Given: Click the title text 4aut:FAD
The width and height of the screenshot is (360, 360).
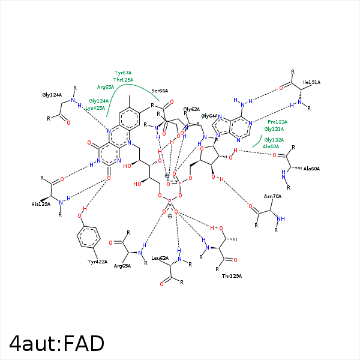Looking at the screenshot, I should pyautogui.click(x=57, y=343).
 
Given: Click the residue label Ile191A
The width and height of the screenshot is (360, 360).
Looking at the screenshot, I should pyautogui.click(x=311, y=82).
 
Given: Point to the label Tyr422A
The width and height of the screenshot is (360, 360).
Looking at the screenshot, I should pyautogui.click(x=97, y=262).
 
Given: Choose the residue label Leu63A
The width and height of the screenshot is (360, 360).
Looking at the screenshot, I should pyautogui.click(x=159, y=258).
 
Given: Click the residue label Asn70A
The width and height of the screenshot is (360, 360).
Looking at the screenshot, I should pyautogui.click(x=272, y=196).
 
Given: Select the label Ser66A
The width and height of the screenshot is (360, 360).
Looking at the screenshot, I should pyautogui.click(x=160, y=90).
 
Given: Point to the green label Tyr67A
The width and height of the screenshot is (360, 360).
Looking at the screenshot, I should pyautogui.click(x=123, y=73).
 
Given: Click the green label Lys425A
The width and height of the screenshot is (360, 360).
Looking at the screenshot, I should pyautogui.click(x=95, y=108).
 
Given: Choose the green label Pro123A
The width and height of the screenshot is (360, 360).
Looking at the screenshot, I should pyautogui.click(x=277, y=122).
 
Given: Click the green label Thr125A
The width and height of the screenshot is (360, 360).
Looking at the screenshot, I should pyautogui.click(x=123, y=79).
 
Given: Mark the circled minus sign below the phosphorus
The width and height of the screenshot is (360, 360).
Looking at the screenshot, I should pyautogui.click(x=170, y=216).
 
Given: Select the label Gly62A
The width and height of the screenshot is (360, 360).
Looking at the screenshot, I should pyautogui.click(x=191, y=109).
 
